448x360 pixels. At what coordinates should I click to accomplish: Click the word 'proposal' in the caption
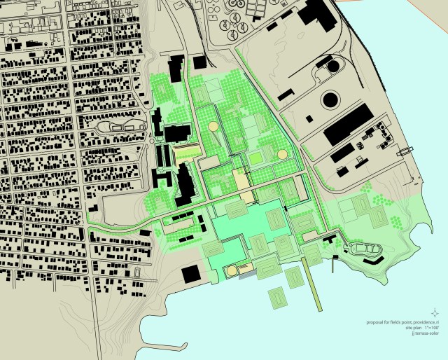[x=376, y=322]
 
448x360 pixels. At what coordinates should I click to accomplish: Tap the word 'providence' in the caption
[x=416, y=322]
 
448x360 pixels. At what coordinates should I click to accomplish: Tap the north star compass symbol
[x=435, y=312]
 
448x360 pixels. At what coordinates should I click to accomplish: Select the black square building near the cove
[x=190, y=273]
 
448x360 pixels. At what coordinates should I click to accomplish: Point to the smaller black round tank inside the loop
[x=332, y=66]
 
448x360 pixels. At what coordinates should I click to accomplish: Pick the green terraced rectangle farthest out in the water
[x=279, y=298]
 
